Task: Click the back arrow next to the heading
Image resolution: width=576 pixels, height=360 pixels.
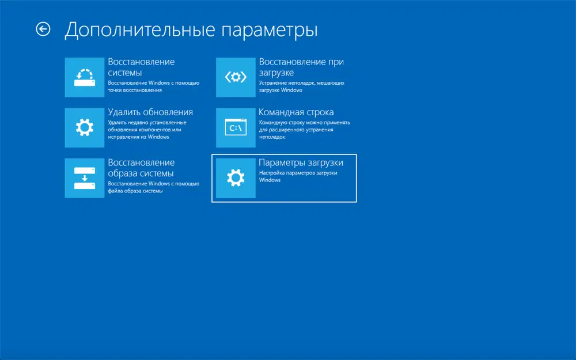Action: pos(43,29)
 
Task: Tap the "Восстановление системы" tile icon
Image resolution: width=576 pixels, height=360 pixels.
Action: pos(84,77)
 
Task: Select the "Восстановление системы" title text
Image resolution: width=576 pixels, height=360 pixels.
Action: pos(141,67)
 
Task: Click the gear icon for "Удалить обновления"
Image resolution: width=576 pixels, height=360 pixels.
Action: pos(84,127)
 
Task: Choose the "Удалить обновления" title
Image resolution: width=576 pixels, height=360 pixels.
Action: pos(150,112)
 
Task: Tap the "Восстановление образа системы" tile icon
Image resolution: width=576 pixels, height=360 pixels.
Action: pos(84,178)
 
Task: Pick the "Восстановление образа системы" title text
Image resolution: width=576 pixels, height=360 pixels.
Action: pos(141,168)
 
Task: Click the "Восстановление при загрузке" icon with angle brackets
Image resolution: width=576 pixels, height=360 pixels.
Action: pos(236,77)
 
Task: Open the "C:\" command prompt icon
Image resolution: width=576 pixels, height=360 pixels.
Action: pos(236,127)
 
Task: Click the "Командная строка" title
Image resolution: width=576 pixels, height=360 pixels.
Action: pos(296,112)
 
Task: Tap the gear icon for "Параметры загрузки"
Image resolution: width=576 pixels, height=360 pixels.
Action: pos(236,178)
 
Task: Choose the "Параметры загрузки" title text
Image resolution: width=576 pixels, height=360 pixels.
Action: pos(301,162)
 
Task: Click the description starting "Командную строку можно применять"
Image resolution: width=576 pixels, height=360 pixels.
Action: pos(305,130)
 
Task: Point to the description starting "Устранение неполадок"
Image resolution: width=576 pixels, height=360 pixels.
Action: pos(301,86)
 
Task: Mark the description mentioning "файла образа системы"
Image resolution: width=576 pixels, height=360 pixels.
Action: pos(153,187)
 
